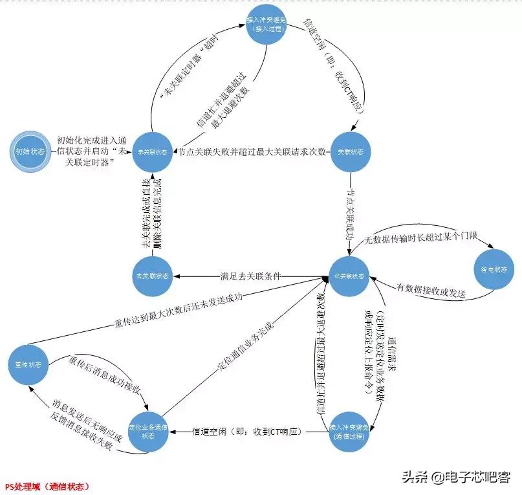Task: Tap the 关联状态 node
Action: click(x=351, y=152)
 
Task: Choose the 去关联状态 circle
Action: click(x=151, y=276)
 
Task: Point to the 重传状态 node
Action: click(x=27, y=364)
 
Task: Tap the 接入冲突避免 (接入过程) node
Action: click(x=271, y=25)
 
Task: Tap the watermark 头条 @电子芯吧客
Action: click(x=457, y=478)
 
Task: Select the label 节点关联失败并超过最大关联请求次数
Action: click(x=257, y=152)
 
